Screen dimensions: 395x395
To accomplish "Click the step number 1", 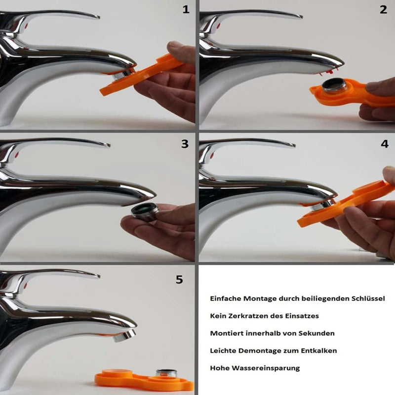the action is tap(186, 9).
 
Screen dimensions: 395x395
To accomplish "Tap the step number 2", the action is tap(383, 9).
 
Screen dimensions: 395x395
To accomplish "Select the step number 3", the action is tap(185, 144).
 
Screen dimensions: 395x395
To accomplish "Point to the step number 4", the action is tap(385, 144).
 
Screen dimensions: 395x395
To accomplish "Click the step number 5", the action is tap(179, 279).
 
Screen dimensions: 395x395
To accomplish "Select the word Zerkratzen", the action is tap(245, 316).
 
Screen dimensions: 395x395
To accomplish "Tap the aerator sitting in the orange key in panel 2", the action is tap(335, 85).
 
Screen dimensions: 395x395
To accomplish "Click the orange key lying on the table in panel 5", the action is tap(144, 380).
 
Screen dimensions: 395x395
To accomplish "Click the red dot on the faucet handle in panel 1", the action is tap(26, 26).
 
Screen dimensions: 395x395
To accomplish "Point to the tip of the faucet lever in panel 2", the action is tap(302, 17).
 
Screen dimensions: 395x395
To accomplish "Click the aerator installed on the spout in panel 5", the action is tap(124, 336).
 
